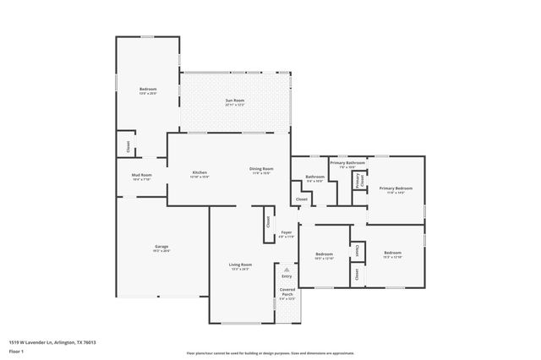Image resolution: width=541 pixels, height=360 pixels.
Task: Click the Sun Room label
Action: pos(235,101)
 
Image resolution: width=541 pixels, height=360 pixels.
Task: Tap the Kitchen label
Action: pos(199,172)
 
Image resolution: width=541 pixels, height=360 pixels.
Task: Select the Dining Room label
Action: pos(260,169)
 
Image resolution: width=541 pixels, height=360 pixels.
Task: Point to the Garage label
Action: pos(161,247)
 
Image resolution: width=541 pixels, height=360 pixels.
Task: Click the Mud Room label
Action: pos(141,176)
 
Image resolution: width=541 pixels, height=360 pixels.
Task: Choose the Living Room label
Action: pos(241,265)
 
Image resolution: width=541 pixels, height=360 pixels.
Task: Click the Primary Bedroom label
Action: pos(396,188)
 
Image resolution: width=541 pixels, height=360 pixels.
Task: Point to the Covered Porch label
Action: pos(287,292)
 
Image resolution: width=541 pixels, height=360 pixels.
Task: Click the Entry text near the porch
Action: pos(287,276)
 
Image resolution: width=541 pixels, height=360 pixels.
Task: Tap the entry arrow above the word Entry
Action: pos(287,270)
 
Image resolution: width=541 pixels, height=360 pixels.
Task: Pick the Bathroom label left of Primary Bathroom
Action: pos(314,177)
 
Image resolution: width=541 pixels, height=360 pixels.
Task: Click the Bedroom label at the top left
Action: pos(148,89)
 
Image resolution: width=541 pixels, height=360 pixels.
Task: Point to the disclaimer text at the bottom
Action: pos(270,352)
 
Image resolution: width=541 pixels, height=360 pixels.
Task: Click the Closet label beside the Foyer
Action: pos(268,222)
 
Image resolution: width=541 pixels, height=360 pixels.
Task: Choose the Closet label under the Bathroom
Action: pos(302,199)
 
